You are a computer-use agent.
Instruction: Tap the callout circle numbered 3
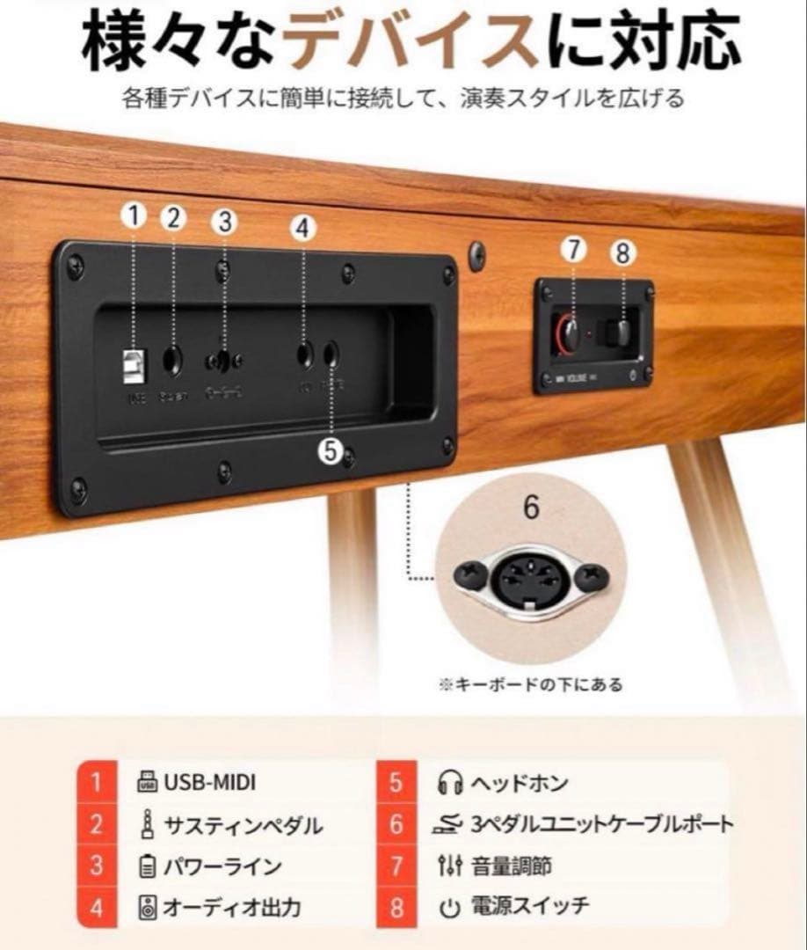(225, 223)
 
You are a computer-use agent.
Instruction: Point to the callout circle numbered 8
(622, 253)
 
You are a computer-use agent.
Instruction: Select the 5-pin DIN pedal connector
(531, 580)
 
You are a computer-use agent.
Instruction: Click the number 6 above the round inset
(531, 508)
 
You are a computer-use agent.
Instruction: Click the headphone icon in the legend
(451, 782)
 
